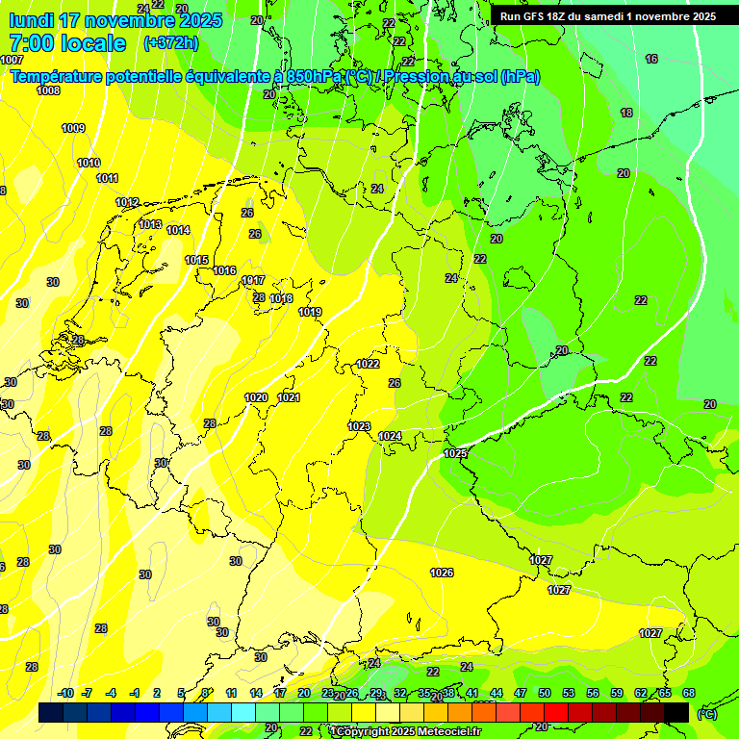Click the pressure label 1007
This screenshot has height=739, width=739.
tap(13, 60)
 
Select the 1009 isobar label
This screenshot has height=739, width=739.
tap(73, 128)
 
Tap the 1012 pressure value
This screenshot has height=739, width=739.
tap(127, 202)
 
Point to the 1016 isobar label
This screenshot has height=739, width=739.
tap(224, 270)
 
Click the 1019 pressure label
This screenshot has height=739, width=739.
tap(310, 312)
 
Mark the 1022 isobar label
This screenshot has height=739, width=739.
tap(368, 364)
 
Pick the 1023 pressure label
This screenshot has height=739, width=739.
tap(359, 426)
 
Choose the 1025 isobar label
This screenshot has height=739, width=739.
tap(455, 453)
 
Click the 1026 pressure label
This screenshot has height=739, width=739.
tap(442, 573)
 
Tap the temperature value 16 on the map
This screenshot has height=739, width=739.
tap(651, 60)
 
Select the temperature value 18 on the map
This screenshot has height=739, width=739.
tap(626, 113)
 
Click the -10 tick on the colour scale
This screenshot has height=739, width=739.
tap(65, 693)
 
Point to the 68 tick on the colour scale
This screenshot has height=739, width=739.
tap(689, 693)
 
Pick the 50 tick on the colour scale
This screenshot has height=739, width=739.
tap(545, 693)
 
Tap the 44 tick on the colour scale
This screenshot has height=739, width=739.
tap(497, 693)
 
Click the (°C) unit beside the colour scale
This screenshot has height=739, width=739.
tap(707, 714)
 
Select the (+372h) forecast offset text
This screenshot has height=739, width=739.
tap(170, 43)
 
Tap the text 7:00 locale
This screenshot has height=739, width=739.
tap(67, 43)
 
